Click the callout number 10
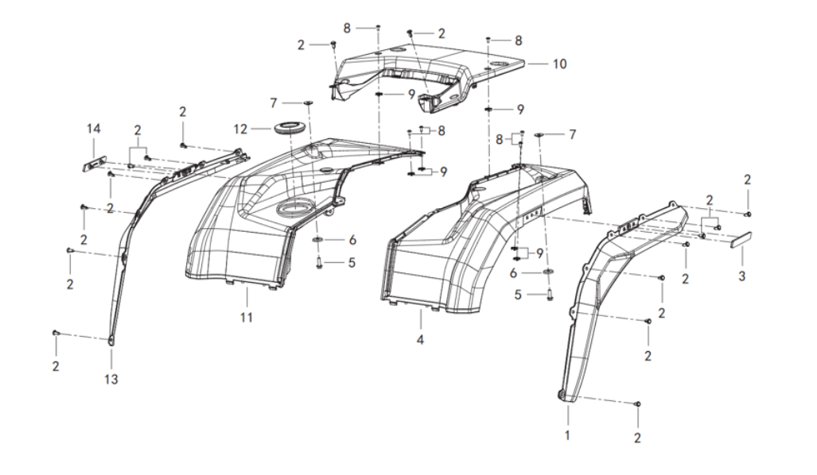coord(559,64)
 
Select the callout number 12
coord(240,128)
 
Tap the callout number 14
coord(94,129)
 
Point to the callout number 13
coord(111,380)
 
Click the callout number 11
coord(247,318)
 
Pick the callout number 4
coord(420,340)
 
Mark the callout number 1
coord(567,435)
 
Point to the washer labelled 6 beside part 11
coord(317,240)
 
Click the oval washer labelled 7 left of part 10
coord(307,104)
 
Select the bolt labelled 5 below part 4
coord(549,295)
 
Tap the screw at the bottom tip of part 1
coord(638,404)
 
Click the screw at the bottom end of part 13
coord(56,333)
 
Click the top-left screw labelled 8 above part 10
coord(379,27)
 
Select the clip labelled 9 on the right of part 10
coord(489,110)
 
